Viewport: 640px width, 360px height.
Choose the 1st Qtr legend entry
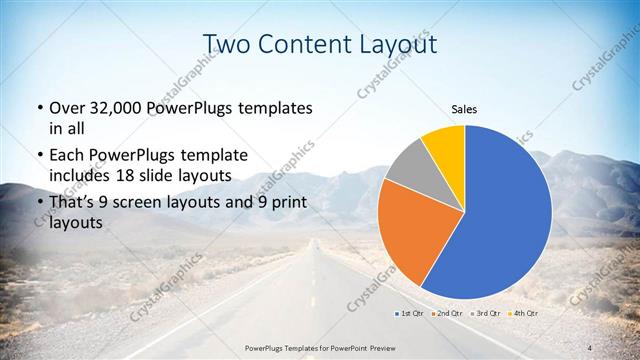click(410, 314)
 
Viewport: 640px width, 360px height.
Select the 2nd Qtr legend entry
click(448, 314)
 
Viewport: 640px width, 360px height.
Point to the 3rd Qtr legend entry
click(487, 314)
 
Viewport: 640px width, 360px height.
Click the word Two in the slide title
click(228, 43)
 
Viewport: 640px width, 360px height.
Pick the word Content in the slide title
click(304, 43)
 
